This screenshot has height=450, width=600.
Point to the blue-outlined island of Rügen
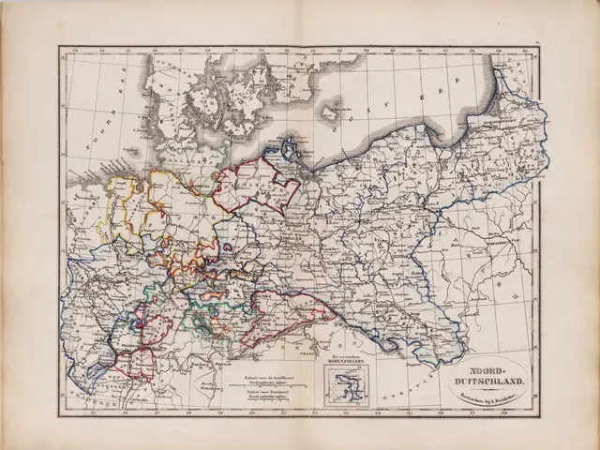pyautogui.click(x=291, y=147)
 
